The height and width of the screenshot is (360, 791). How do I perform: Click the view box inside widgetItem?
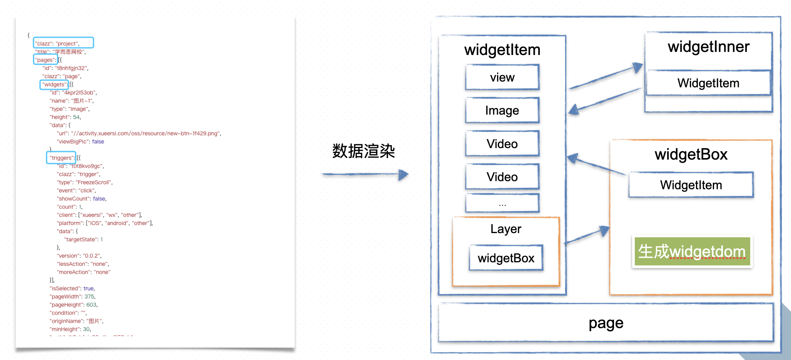502,77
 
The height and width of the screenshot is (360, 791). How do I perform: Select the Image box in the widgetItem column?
502,110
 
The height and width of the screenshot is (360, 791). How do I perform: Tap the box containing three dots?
502,203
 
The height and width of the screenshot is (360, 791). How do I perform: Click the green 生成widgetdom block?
692,252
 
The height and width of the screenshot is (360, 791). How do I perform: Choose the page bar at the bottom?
606,323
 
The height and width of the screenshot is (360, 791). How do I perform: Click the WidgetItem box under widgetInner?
708,83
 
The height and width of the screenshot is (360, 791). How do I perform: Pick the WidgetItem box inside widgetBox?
691,185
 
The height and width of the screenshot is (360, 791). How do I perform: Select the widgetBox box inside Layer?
506,258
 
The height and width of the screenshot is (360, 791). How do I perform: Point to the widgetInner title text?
709,47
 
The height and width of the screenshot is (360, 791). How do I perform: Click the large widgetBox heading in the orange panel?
691,155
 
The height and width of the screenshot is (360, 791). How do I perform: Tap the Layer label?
506,229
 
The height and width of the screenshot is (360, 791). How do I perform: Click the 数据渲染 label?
364,151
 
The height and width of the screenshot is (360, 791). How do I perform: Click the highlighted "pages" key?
45,60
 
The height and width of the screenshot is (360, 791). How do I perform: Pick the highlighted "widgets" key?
54,84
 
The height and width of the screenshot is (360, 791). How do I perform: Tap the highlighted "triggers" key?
61,158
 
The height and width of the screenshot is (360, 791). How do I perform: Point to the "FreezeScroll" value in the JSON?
94,182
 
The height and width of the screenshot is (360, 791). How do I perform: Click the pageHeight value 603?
92,305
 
